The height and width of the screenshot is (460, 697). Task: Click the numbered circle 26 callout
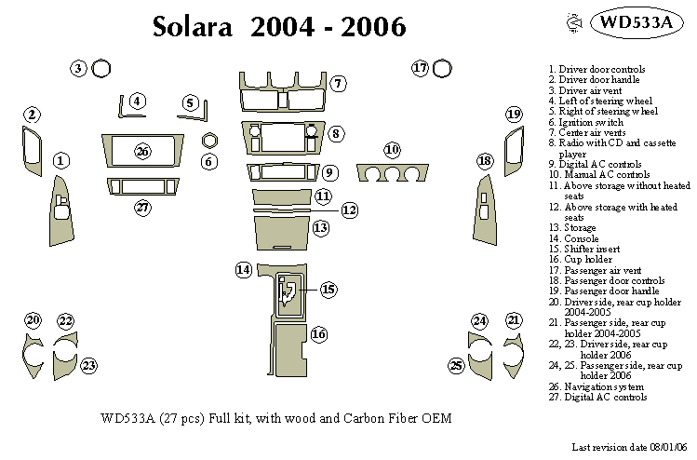(x=141, y=151)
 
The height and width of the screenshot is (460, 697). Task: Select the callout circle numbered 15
(x=328, y=290)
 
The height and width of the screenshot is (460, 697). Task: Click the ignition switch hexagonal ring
(x=209, y=141)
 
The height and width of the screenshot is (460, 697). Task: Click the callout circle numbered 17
(x=420, y=68)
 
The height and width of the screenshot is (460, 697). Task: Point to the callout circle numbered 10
(x=392, y=150)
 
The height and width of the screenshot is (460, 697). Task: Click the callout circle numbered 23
(x=88, y=365)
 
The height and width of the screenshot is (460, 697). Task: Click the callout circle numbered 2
(x=32, y=115)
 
